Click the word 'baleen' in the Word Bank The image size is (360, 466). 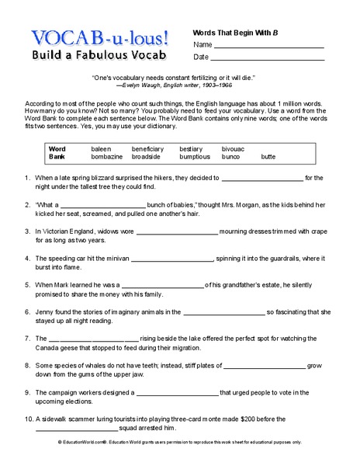tap(102, 148)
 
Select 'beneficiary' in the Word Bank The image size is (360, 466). tap(147, 148)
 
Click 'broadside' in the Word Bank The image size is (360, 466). tap(146, 156)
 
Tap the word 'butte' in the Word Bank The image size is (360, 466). tap(268, 156)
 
